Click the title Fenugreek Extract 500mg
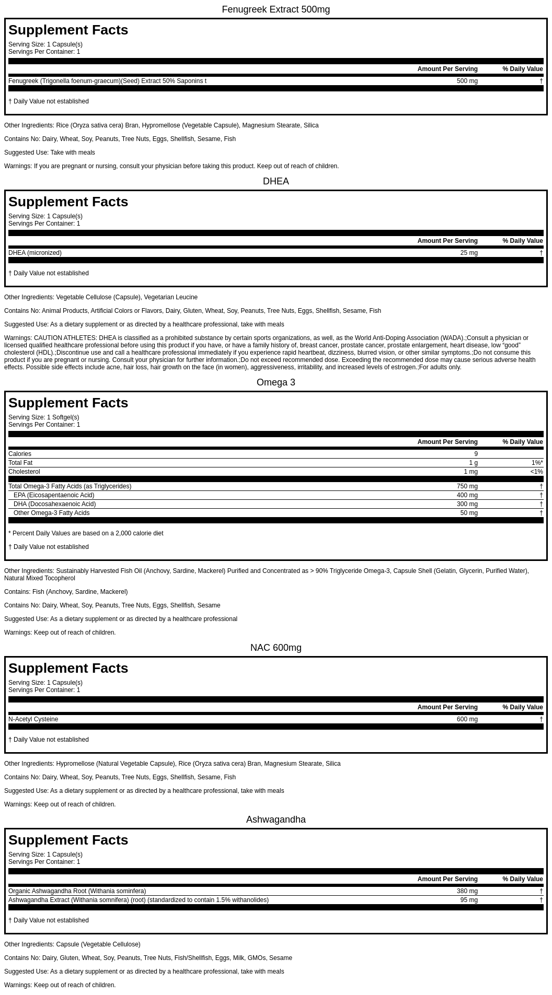coord(275,9)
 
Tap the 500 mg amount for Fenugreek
coord(467,81)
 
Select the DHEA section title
coord(275,181)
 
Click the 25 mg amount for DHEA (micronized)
coord(469,253)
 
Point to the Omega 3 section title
coord(275,382)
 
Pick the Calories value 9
coord(476,454)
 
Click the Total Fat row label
coord(20,463)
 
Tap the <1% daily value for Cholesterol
coord(536,472)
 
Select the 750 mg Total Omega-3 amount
coord(467,486)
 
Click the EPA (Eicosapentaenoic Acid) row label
coord(54,495)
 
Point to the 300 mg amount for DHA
coord(467,504)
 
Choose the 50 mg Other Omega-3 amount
coord(469,513)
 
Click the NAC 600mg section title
coord(275,648)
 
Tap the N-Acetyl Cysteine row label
coord(33,719)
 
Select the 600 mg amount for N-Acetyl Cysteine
coord(467,719)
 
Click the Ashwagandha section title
coord(275,820)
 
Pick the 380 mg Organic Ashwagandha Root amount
coord(467,891)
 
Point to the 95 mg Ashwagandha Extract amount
coord(469,900)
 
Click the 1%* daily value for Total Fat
coord(537,463)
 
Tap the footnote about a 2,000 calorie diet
coord(86,533)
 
